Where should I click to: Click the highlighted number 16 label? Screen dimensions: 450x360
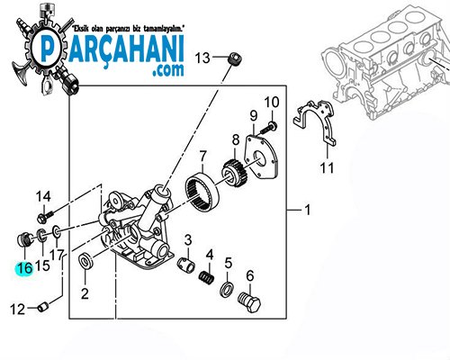tap(25, 268)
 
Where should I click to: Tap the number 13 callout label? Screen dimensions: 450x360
tap(202, 58)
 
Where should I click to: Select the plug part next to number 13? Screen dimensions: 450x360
tap(234, 58)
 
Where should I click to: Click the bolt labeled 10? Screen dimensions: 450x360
tap(268, 128)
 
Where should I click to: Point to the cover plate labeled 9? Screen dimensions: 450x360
tap(260, 157)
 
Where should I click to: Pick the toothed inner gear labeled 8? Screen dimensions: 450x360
tap(234, 175)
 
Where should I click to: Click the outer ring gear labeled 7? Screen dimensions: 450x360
tap(202, 192)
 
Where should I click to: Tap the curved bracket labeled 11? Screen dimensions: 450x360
tap(315, 121)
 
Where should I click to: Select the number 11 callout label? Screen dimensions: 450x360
tap(327, 167)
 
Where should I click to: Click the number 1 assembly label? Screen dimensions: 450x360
tap(307, 211)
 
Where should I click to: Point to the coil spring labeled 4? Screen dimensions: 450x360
tap(206, 275)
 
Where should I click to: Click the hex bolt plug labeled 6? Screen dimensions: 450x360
tap(249, 301)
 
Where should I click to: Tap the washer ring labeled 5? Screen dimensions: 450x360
tap(228, 289)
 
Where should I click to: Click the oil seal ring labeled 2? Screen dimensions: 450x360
tap(86, 261)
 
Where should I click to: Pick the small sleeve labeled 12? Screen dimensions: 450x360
tap(43, 307)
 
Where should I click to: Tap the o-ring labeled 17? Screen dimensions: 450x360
tap(57, 231)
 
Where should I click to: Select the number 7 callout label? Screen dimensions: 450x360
tap(203, 157)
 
